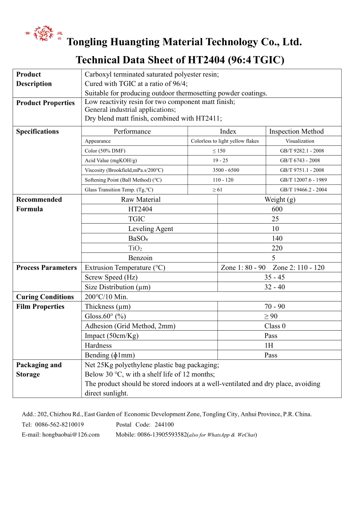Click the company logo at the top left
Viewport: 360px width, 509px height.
[44, 33]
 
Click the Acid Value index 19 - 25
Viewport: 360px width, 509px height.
[220, 161]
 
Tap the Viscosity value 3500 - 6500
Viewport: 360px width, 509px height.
[225, 170]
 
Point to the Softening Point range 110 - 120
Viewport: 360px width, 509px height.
[223, 180]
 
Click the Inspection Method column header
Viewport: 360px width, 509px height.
[296, 131]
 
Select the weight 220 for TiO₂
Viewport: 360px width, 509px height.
[277, 248]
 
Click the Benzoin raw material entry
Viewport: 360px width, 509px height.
[140, 258]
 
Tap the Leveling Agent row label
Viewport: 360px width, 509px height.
[151, 229]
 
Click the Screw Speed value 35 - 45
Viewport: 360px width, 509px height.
[275, 278]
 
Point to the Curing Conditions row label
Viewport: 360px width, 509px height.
[45, 297]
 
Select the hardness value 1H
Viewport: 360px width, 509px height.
[271, 345]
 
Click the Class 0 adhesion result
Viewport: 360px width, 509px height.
[275, 326]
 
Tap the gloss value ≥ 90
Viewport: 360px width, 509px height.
[271, 316]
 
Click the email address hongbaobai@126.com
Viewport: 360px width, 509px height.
[71, 435]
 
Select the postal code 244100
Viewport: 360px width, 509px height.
[164, 425]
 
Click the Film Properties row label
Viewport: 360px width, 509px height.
[40, 307]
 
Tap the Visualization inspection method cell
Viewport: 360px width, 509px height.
[299, 141]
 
